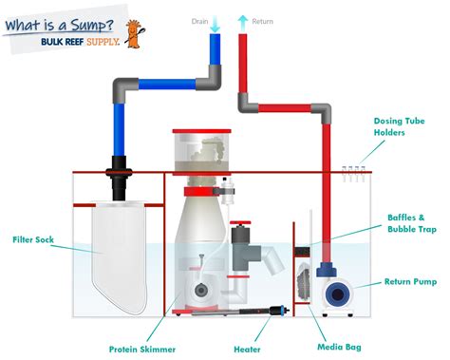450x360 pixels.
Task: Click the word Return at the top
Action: tap(264, 19)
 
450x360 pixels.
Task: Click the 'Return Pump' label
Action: tap(410, 281)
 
